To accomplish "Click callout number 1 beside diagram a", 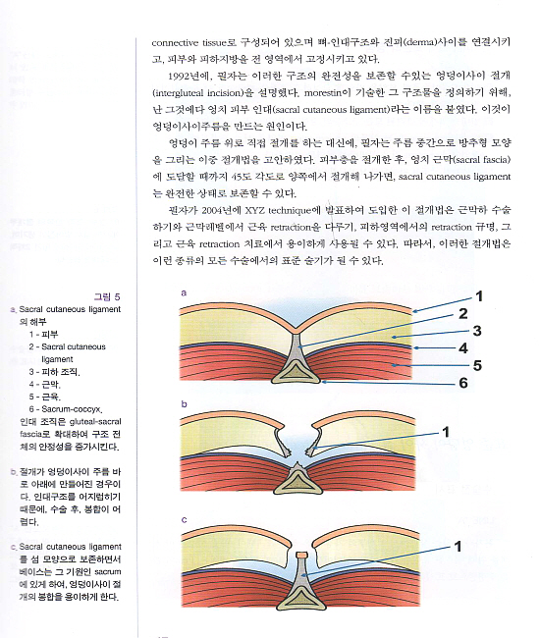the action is [x=479, y=296].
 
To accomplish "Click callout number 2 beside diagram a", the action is [x=462, y=314].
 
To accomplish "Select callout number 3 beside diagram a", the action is [x=477, y=331].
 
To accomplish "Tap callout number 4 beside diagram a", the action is [x=463, y=348].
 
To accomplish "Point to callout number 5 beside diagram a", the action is [x=477, y=365].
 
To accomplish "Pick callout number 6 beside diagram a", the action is [x=463, y=383].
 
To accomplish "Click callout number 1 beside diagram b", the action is [x=446, y=432].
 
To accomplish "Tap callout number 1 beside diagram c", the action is [x=458, y=547].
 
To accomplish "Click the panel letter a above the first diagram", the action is [x=184, y=292].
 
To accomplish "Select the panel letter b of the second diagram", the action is [x=184, y=404].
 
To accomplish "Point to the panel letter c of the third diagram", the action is [x=184, y=520].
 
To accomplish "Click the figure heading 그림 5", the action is [x=107, y=296].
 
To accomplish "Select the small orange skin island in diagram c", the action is [x=301, y=555].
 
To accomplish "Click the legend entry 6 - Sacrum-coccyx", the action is [x=66, y=409].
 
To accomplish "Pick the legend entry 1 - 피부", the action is [x=43, y=335].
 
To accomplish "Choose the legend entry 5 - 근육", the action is [x=44, y=397].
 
